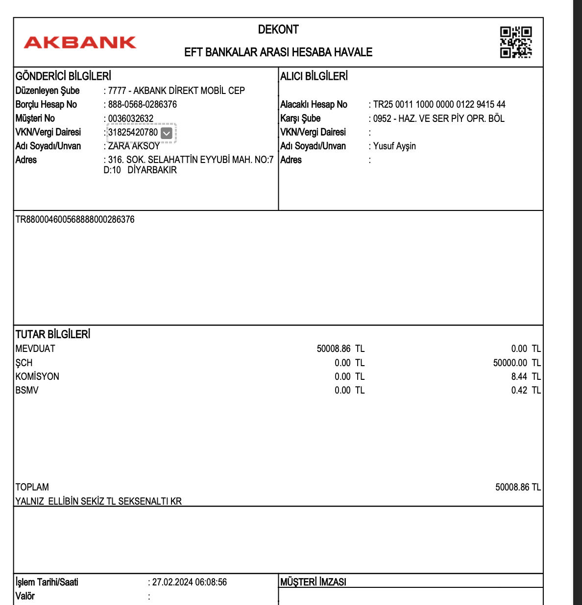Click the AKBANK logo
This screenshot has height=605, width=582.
click(80, 43)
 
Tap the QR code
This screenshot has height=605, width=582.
click(515, 42)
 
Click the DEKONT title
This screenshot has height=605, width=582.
click(278, 29)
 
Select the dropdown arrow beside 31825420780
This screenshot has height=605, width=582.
click(167, 133)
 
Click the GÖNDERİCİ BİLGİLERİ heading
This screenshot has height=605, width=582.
click(63, 76)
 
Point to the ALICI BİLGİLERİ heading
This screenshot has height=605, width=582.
click(314, 76)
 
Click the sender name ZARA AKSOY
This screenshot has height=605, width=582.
click(134, 146)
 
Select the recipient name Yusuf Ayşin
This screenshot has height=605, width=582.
click(394, 146)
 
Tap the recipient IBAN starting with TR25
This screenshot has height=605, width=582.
click(439, 104)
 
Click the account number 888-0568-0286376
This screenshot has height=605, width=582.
click(142, 104)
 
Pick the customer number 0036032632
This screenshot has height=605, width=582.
click(130, 118)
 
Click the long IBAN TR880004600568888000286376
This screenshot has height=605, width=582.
click(75, 219)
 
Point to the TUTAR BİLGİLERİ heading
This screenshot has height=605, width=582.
click(53, 335)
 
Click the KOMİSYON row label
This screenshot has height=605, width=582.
click(37, 376)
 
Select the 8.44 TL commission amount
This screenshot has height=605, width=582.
click(526, 376)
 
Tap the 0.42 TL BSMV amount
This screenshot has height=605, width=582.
click(526, 390)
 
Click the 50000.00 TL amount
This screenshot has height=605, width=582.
click(516, 363)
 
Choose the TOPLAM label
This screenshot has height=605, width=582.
click(32, 487)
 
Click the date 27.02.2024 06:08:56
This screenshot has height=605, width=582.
click(189, 582)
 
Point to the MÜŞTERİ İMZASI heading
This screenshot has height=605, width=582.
click(313, 582)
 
